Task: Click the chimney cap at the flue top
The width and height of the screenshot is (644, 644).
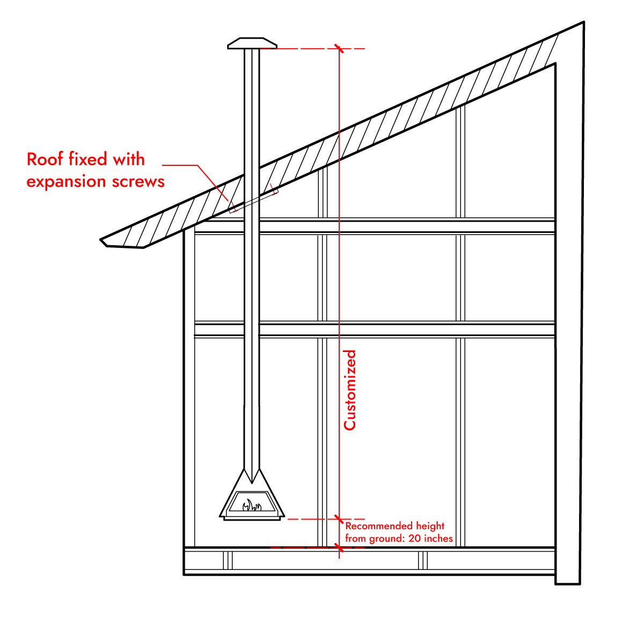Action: tap(252, 43)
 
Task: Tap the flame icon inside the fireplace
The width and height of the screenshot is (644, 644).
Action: tap(251, 504)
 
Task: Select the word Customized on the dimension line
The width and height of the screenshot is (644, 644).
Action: tap(350, 390)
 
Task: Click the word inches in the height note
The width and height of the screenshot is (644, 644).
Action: tap(438, 538)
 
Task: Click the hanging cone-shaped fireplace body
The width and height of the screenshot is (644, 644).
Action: tap(251, 494)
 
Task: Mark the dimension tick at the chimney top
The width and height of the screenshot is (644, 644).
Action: tap(339, 49)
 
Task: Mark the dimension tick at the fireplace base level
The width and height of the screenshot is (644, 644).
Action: tap(339, 519)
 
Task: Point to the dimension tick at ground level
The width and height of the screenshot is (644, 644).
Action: tap(339, 547)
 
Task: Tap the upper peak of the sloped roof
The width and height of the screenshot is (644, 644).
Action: tap(582, 24)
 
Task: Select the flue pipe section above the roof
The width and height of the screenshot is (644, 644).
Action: tap(252, 107)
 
